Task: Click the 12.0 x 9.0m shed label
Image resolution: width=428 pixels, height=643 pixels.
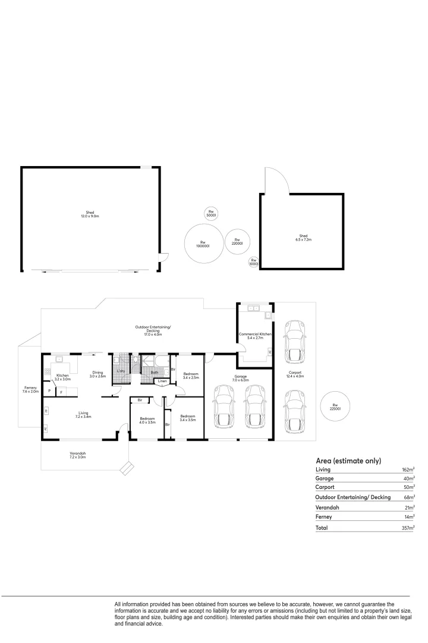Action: coord(90,214)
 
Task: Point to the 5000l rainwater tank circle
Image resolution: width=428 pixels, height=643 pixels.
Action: coord(210,213)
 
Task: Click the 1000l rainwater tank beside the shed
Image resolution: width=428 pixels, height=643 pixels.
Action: coord(253,262)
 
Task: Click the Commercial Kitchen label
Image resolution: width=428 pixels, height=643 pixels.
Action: coord(255,336)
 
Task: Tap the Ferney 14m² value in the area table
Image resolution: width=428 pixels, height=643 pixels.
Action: coord(410,517)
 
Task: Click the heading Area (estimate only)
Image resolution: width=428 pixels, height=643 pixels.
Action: coord(348,461)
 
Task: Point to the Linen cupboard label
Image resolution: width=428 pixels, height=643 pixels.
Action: coord(162,381)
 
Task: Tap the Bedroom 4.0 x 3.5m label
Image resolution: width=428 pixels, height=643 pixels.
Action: coord(147,420)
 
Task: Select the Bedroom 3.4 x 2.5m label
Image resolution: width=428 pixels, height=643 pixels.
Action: coord(190,376)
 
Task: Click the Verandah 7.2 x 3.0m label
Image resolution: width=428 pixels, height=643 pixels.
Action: coord(77,455)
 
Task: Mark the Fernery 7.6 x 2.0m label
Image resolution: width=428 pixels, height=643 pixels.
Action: coord(30,390)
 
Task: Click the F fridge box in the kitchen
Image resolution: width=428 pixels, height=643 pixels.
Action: coord(61,392)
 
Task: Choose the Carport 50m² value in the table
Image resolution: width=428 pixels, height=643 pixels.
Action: coord(410,487)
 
